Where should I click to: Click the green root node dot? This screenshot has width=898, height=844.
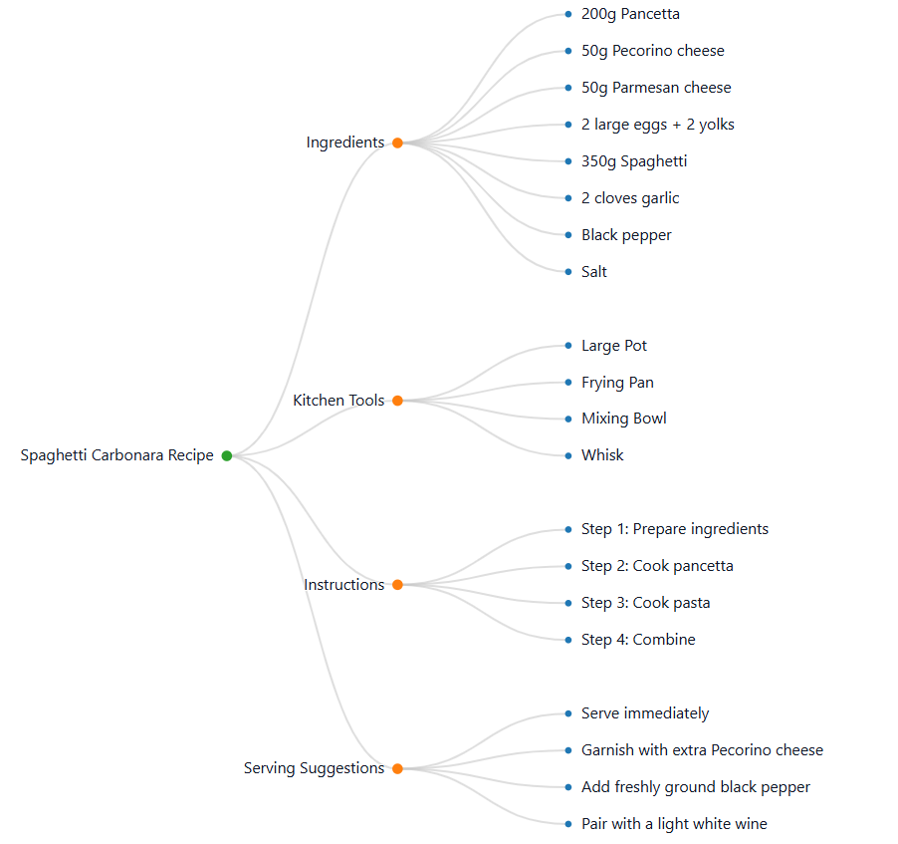pyautogui.click(x=227, y=455)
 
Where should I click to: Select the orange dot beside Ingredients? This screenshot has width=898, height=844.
pyautogui.click(x=397, y=142)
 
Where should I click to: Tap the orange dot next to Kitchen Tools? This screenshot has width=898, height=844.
pyautogui.click(x=397, y=401)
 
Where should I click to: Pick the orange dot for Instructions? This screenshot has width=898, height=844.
pyautogui.click(x=397, y=585)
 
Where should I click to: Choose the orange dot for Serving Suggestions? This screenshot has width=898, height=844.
pyautogui.click(x=397, y=768)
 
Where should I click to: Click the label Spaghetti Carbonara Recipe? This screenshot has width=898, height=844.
pyautogui.click(x=117, y=455)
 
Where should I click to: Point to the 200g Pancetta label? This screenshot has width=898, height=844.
pyautogui.click(x=630, y=14)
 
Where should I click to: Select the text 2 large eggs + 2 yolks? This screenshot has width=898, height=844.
pyautogui.click(x=657, y=125)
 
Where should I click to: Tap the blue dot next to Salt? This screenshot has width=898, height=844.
pyautogui.click(x=568, y=272)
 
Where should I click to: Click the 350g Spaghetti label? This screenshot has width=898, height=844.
pyautogui.click(x=633, y=161)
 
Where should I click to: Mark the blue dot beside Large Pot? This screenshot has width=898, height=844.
pyautogui.click(x=568, y=346)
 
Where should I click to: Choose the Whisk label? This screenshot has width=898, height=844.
pyautogui.click(x=602, y=455)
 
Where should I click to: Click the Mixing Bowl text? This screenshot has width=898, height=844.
pyautogui.click(x=623, y=419)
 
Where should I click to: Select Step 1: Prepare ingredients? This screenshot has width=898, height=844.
pyautogui.click(x=674, y=529)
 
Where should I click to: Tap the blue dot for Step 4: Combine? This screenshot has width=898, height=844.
pyautogui.click(x=568, y=640)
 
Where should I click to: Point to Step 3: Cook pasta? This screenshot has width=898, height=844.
pyautogui.click(x=645, y=603)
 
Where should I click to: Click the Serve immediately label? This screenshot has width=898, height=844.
pyautogui.click(x=645, y=713)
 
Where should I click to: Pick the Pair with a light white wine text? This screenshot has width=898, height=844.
pyautogui.click(x=674, y=824)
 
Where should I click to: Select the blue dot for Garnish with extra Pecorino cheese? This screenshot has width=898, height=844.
pyautogui.click(x=568, y=750)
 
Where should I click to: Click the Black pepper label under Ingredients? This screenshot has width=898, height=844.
pyautogui.click(x=626, y=235)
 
